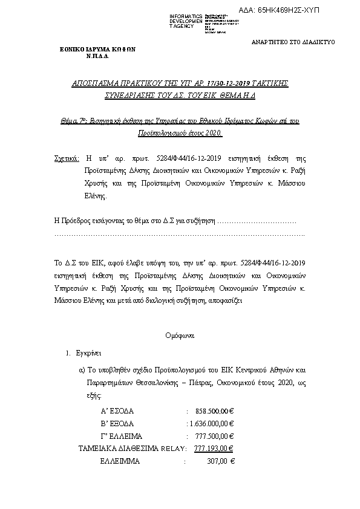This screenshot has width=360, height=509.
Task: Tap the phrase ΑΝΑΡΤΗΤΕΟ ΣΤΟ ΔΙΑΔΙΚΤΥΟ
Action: coord(292,42)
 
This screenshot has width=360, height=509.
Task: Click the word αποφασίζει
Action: coord(227,299)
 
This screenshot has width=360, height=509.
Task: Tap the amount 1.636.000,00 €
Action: coord(212,423)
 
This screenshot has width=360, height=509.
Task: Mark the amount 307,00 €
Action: coord(220,461)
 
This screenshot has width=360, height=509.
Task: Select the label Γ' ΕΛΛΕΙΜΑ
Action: coord(121,435)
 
